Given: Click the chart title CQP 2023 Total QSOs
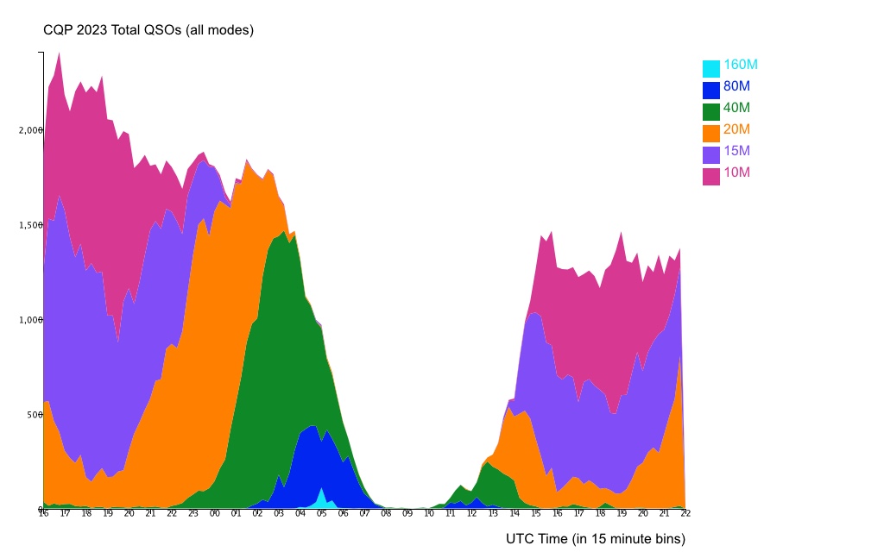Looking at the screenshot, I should (148, 30).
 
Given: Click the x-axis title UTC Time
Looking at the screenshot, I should (595, 539).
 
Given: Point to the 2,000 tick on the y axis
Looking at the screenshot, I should (31, 130).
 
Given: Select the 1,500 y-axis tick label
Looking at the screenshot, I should (31, 225).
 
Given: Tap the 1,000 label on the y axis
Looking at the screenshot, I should (31, 320).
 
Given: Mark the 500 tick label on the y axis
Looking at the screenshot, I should (34, 415).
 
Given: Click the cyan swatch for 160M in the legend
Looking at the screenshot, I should (711, 68).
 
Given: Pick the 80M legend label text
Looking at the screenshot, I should (737, 86).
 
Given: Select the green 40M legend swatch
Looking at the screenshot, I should (711, 111).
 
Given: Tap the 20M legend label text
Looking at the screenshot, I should (737, 129).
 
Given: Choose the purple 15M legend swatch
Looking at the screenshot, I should (711, 154).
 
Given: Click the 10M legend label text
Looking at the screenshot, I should (737, 172).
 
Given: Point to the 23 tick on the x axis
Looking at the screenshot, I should (193, 513).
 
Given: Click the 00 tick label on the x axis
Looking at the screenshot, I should (215, 513).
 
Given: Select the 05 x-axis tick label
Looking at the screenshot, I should (321, 513).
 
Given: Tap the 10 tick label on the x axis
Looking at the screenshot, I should (428, 513).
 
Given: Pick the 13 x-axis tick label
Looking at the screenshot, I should (493, 513).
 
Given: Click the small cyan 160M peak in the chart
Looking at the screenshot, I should (322, 499).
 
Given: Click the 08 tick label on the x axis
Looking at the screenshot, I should (386, 513).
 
